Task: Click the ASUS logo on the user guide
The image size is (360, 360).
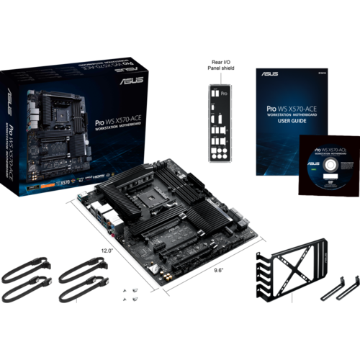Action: click(265, 73)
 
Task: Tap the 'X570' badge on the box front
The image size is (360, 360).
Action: click(66, 183)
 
